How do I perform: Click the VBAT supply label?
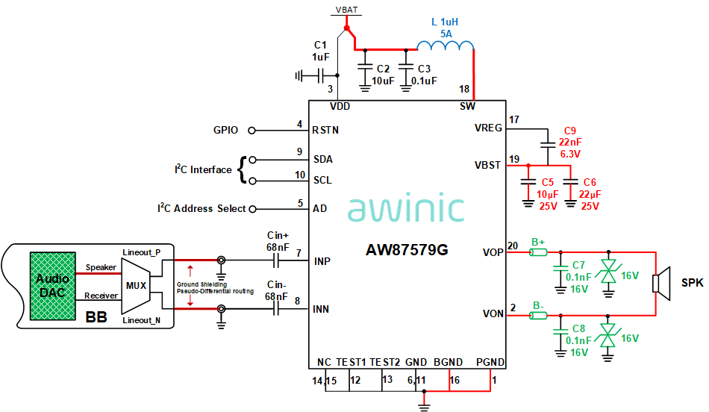(346, 10)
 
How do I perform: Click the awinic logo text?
(406, 209)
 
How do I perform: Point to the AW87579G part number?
(407, 249)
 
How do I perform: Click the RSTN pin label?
(325, 130)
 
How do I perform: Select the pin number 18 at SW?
(465, 89)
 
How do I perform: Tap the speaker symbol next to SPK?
(658, 284)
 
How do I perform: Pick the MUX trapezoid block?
(136, 284)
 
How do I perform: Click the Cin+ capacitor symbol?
(277, 261)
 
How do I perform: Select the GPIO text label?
(225, 131)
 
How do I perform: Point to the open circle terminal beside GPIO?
(252, 131)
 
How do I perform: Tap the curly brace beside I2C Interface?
(242, 170)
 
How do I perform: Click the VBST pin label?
(488, 165)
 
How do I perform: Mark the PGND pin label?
(490, 363)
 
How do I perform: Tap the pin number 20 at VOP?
(513, 246)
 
